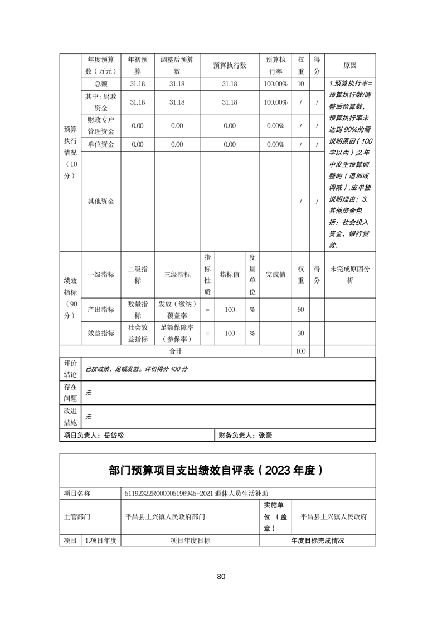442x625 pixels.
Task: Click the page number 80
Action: point(221,576)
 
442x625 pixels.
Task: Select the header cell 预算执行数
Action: point(230,65)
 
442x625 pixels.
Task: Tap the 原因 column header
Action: point(350,65)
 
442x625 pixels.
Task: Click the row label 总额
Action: point(101,84)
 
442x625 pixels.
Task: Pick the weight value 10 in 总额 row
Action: point(301,84)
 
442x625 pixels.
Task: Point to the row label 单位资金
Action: point(101,144)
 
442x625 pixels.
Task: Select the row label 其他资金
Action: point(101,201)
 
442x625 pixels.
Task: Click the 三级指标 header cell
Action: point(177,274)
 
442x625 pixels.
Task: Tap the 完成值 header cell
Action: point(275,274)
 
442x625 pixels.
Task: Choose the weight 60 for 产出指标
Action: point(301,309)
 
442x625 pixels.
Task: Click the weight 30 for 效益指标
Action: point(301,333)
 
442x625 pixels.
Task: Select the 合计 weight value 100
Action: point(301,351)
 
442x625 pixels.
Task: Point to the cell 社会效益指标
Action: point(138,333)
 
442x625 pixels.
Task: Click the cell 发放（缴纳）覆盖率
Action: point(177,309)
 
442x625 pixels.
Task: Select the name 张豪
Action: point(265,436)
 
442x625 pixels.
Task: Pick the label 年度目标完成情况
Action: point(318,540)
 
